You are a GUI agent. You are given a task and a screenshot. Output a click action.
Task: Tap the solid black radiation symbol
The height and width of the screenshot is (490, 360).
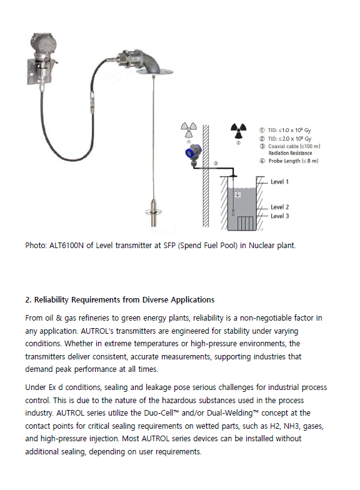[239, 131]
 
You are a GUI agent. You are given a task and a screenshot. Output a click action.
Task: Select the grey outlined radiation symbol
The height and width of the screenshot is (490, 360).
[189, 130]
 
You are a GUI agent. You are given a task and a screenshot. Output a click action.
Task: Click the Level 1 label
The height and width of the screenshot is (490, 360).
[279, 181]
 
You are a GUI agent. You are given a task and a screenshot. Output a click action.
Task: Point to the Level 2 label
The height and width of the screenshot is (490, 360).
[280, 207]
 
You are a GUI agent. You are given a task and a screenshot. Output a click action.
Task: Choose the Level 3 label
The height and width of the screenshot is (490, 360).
[280, 216]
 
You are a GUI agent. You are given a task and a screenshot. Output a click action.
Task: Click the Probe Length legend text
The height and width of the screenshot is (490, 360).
[293, 161]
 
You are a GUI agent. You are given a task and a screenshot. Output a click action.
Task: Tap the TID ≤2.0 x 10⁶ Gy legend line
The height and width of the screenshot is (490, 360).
[289, 139]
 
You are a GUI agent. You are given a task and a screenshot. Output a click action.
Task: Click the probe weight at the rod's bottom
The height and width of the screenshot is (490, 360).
[154, 212]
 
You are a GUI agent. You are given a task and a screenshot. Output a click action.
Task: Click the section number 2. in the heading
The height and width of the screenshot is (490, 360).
[29, 300]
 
